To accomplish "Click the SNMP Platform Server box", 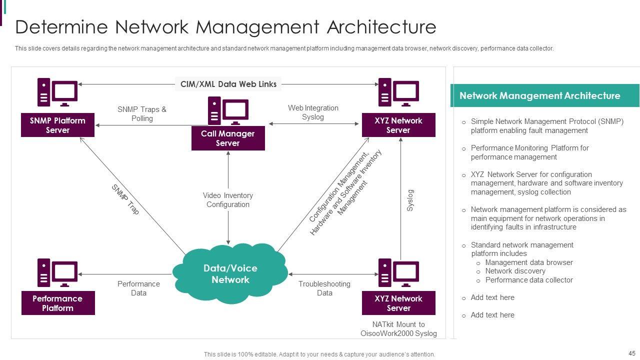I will click(57, 125).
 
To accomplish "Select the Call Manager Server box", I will click(228, 138).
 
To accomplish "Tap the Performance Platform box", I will click(57, 303).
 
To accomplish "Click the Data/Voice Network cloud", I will click(230, 273).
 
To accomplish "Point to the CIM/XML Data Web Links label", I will click(228, 84).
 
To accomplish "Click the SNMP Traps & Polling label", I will click(142, 113).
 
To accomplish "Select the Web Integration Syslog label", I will click(313, 112).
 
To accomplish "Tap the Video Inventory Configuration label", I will click(228, 200).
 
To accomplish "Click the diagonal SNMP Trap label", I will click(125, 199).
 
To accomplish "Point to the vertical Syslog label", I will click(410, 200).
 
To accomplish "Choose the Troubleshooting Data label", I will click(324, 288).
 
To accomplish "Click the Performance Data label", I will click(138, 288).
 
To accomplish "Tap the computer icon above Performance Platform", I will click(57, 272).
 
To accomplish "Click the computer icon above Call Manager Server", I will click(228, 110).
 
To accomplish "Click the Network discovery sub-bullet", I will click(515, 271).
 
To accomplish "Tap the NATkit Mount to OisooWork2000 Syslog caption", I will click(398, 329).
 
